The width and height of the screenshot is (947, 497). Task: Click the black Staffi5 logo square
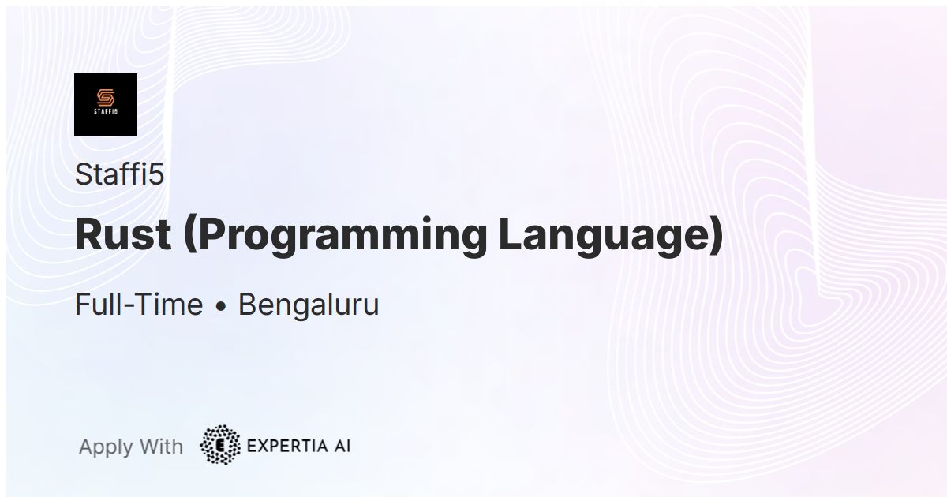[x=106, y=105]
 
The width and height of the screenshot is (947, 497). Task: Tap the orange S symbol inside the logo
[x=106, y=98]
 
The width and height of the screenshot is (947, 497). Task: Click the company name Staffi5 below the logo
[x=119, y=174]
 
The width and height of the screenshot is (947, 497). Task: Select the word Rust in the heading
[x=122, y=234]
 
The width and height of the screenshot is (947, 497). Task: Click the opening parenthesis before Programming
[x=189, y=236]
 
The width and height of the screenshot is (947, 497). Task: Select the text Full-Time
[x=138, y=305]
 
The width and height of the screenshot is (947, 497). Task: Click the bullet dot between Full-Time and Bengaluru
[x=221, y=306]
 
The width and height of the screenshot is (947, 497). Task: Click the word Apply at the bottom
[x=106, y=447]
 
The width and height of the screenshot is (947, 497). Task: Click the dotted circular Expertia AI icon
[x=221, y=446]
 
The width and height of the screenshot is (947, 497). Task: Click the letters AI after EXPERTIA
[x=342, y=446]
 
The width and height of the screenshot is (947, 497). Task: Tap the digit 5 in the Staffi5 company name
[x=156, y=174]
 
